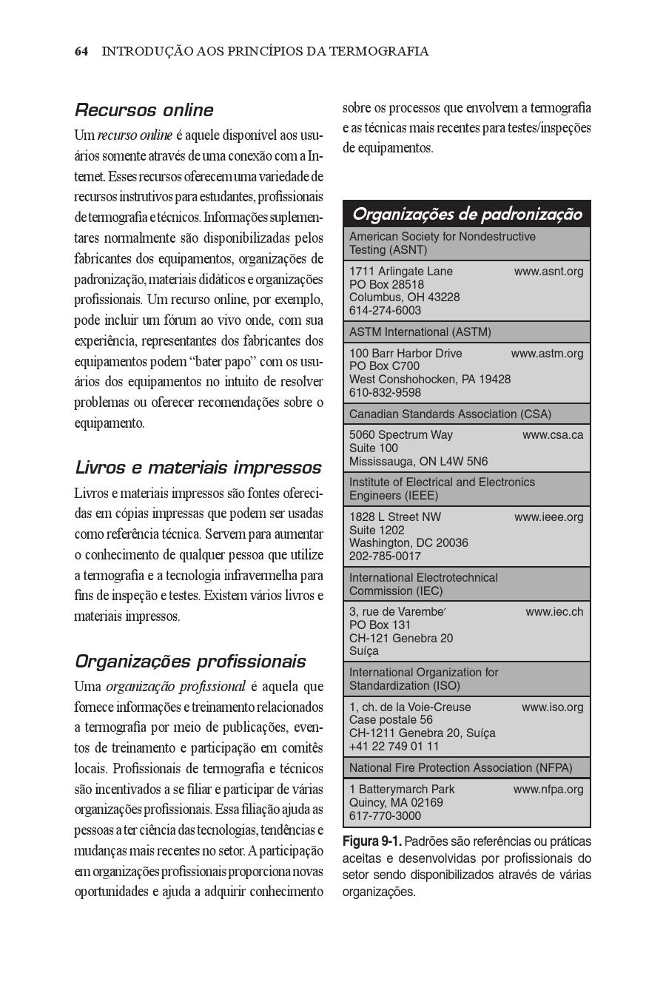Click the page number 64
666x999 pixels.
(x=81, y=51)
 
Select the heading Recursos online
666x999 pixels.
(x=144, y=110)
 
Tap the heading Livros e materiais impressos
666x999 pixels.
(x=198, y=468)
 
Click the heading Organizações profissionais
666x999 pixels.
(x=190, y=661)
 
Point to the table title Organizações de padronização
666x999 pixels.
(x=467, y=214)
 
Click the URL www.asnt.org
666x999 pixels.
(x=548, y=272)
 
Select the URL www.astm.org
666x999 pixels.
(x=547, y=354)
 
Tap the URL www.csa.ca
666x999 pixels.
(x=553, y=435)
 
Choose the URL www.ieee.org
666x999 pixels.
(x=548, y=517)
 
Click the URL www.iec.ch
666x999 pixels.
(x=554, y=612)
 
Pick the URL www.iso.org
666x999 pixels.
(x=552, y=707)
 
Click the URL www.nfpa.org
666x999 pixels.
(x=548, y=790)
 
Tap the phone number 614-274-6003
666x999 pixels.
(x=385, y=311)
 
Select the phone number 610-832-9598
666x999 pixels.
(x=385, y=393)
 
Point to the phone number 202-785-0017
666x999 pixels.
(x=385, y=556)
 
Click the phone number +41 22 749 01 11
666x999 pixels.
(x=394, y=747)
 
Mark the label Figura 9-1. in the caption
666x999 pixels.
(x=371, y=841)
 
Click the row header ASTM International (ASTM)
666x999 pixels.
(x=420, y=332)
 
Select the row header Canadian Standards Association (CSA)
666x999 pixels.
(x=450, y=414)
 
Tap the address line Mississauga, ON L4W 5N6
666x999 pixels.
(x=418, y=462)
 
